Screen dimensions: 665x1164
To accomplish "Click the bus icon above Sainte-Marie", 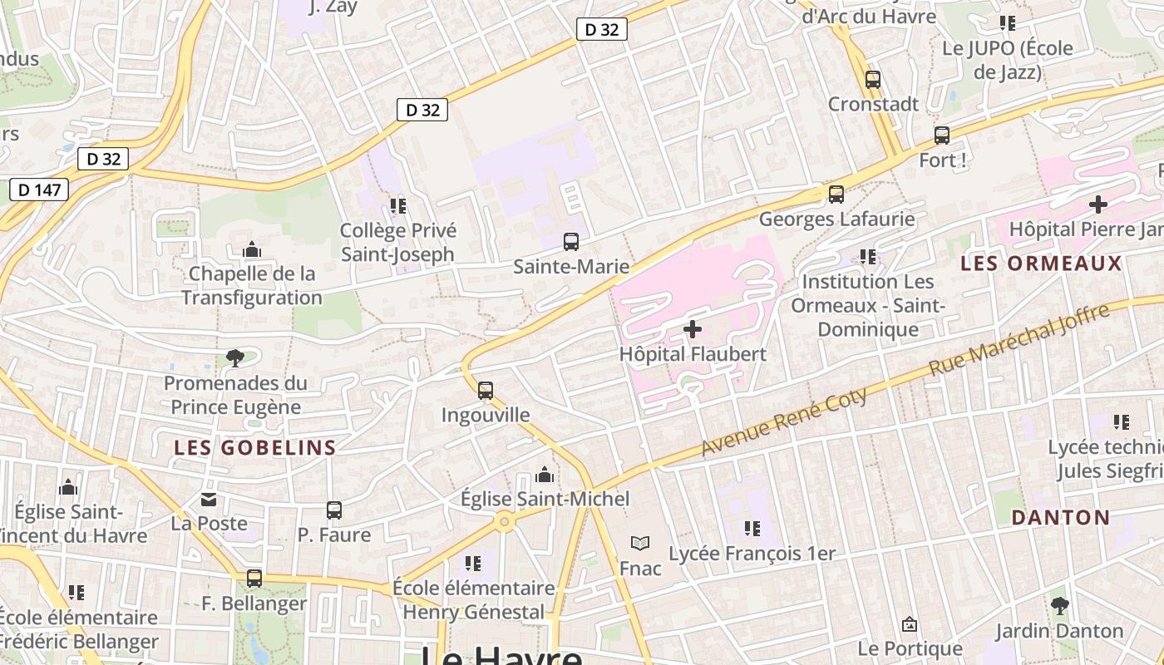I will (571, 242).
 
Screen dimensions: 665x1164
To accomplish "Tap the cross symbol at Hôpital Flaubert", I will (692, 329).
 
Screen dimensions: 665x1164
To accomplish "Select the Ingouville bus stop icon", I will (486, 390).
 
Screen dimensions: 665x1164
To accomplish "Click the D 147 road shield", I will (39, 190).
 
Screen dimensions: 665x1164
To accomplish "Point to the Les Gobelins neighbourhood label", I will (255, 448).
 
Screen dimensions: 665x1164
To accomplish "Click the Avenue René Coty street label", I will (784, 421).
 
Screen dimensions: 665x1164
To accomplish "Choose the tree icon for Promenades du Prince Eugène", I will (234, 358).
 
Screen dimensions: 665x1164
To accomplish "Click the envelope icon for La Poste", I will (209, 500).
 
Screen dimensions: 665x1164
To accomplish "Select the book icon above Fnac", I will (639, 544).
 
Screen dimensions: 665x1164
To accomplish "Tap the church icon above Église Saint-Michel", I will (545, 475).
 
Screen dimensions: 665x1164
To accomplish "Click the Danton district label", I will (1061, 518).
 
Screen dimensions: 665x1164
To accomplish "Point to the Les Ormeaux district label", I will (1041, 264).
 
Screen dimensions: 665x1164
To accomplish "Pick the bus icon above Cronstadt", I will (873, 80).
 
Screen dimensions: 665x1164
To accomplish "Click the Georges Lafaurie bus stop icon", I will (836, 195).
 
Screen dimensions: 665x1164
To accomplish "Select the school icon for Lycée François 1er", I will (752, 529).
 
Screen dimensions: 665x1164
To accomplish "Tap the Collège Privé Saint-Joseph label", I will (397, 242).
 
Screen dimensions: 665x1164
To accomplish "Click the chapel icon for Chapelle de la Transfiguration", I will (252, 249).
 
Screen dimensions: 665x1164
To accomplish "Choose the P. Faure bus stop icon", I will (334, 510).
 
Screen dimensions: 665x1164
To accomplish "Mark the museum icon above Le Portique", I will (910, 624).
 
